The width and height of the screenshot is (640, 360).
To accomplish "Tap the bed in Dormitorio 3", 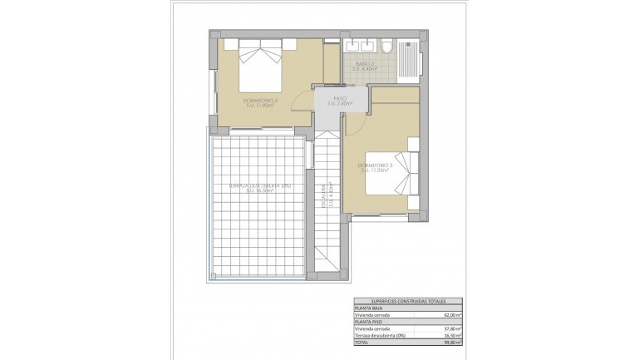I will (396, 174).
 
